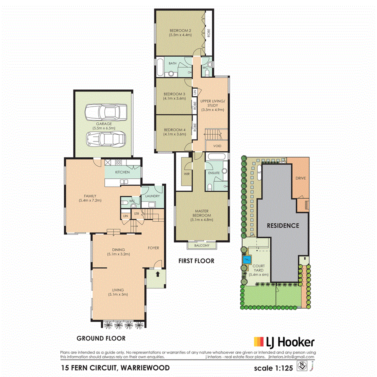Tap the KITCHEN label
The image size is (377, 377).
122,172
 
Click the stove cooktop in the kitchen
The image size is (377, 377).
118,163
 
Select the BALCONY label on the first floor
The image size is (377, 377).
201,246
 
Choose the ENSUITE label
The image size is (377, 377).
214,173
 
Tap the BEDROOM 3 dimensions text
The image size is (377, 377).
174,98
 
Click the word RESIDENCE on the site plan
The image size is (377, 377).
282,225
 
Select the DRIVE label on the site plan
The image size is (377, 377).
300,178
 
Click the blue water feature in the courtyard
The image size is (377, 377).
246,260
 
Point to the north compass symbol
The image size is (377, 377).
302,366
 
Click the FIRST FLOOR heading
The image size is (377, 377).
196,261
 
